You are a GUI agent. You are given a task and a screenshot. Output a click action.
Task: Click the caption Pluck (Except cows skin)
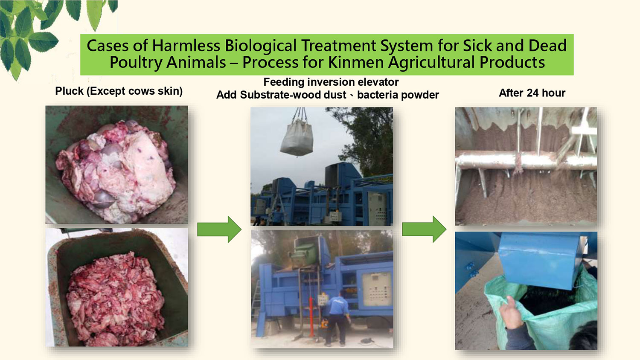(x=119, y=91)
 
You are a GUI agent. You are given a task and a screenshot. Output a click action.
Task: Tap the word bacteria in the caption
(x=376, y=95)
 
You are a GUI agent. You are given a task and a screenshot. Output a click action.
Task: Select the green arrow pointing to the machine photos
(x=219, y=229)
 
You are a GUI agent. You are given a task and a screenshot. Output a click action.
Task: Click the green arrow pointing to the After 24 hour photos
(x=424, y=229)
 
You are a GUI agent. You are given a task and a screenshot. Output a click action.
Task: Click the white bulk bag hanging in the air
(x=297, y=137)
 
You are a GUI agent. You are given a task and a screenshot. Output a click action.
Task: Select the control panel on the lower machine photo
(x=377, y=289)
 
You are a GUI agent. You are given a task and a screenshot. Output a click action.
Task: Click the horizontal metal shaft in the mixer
(x=526, y=160)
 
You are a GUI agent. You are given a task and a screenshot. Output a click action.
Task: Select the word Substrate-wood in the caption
(x=293, y=95)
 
